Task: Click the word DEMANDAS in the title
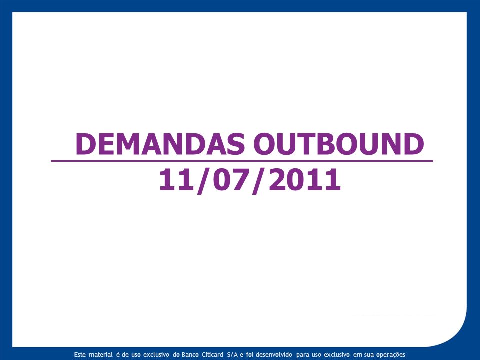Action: [160, 144]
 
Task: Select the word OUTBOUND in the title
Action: [339, 144]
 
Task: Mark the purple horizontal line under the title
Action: [242, 161]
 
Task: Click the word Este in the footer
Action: [80, 355]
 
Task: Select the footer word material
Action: [101, 355]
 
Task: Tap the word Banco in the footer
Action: [190, 355]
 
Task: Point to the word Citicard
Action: [213, 355]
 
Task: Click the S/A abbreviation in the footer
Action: [232, 355]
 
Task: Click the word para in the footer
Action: [303, 355]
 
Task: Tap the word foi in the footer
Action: [250, 355]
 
